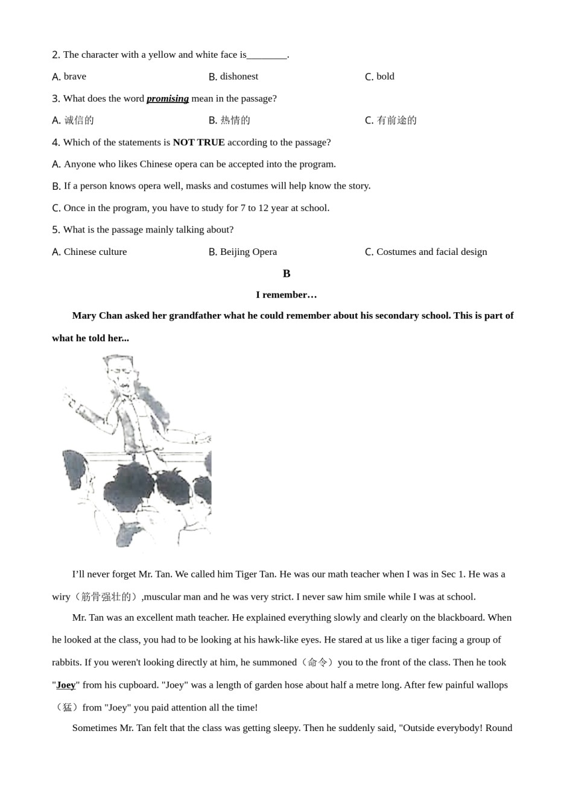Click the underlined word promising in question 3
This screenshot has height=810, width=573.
pos(167,99)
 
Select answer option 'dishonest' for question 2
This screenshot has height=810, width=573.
pos(239,77)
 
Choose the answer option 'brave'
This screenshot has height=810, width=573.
pos(75,77)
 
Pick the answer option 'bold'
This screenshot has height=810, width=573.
pos(385,77)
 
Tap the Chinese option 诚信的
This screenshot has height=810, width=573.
pos(79,121)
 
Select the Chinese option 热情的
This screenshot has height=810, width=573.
pos(235,121)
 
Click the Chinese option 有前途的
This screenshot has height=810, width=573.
pos(396,121)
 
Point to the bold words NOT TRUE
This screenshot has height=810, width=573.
pos(198,143)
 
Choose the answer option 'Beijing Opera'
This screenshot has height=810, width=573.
pos(248,252)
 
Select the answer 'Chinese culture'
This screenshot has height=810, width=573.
pos(95,252)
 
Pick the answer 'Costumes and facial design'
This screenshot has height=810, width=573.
pos(431,252)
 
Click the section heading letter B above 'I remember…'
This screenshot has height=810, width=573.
pos(286,274)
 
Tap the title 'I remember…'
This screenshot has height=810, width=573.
pos(286,295)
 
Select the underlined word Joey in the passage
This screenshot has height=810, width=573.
pos(66,685)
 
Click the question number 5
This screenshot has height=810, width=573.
pos(55,230)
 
